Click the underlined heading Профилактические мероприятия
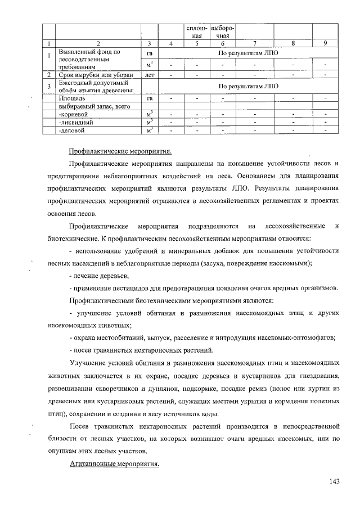(120, 151)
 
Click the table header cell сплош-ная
(197, 31)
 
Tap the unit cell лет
(149, 74)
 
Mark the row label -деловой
(73, 130)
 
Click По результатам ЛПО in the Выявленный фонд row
(248, 52)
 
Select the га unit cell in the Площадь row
(149, 98)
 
